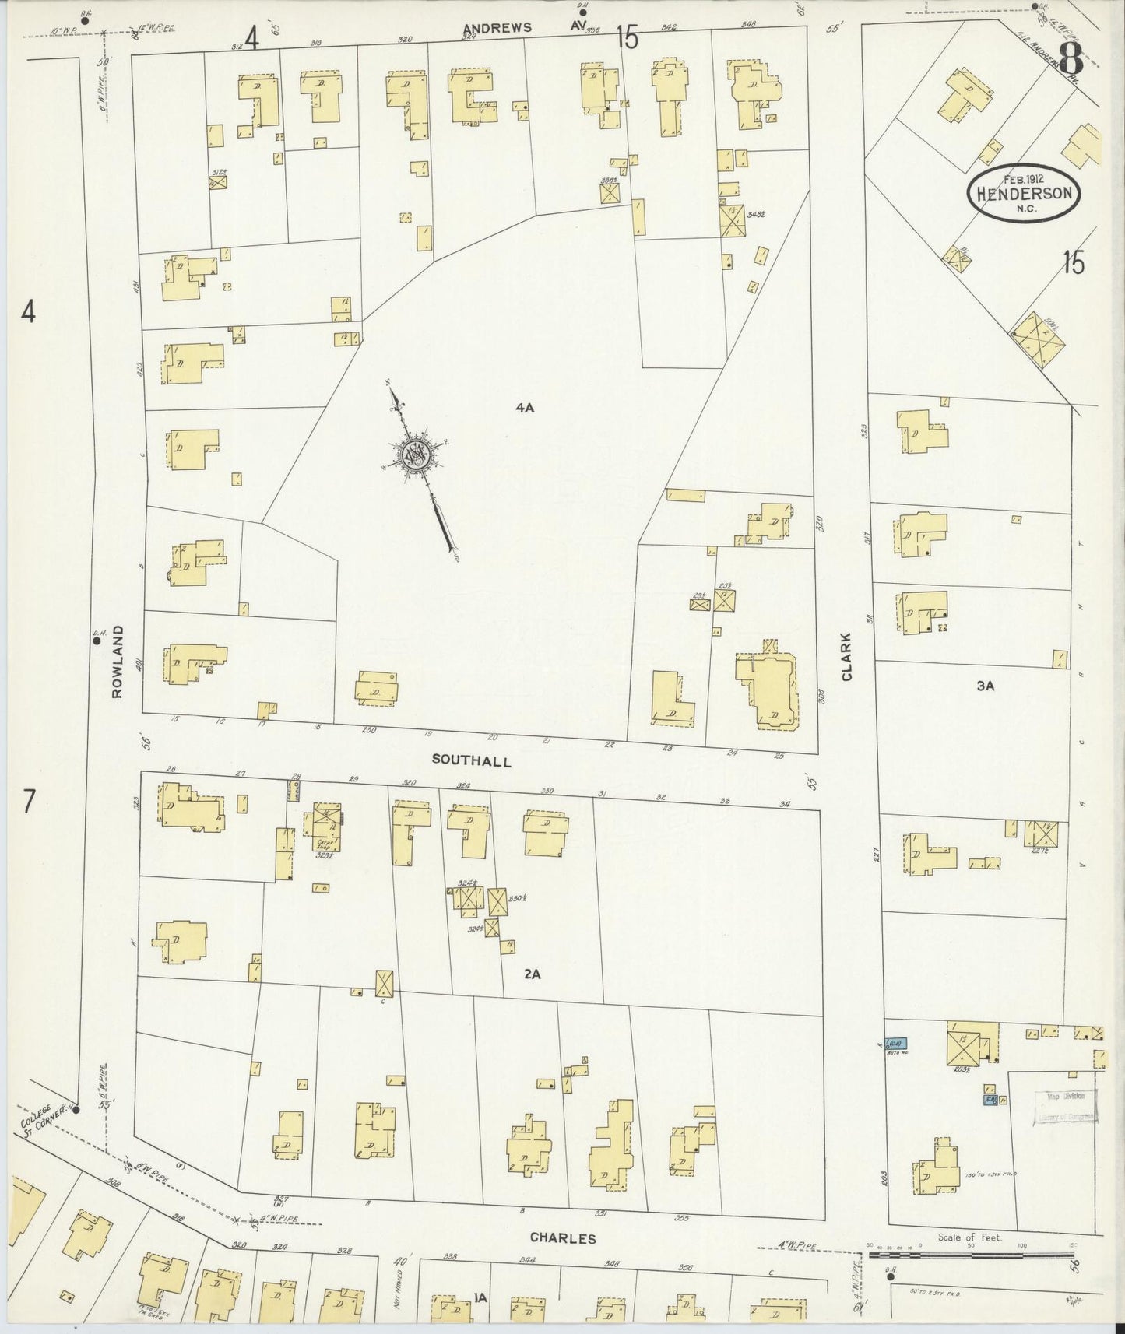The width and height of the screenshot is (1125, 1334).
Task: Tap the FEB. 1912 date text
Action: (1024, 178)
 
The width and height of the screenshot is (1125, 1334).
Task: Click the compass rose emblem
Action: (417, 455)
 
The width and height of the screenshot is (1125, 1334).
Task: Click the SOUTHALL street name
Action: (470, 761)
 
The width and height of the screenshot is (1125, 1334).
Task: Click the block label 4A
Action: (524, 407)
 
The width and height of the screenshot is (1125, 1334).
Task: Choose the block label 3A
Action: (986, 686)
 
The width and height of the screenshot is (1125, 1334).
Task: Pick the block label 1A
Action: (480, 1297)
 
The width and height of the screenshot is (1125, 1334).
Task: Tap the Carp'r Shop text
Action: (325, 842)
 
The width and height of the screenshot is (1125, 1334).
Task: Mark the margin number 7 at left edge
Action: (29, 801)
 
